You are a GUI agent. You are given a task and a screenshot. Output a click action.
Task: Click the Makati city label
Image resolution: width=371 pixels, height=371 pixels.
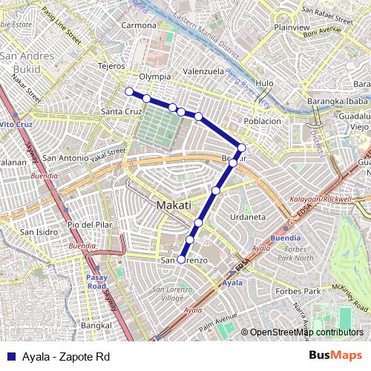174,205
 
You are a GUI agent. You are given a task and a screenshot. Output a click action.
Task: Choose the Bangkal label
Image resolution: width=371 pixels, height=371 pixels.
96,325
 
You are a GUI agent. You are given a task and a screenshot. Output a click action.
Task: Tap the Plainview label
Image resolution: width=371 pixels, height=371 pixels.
292,27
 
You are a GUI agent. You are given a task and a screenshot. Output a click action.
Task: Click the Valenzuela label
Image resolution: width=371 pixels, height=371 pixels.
203,71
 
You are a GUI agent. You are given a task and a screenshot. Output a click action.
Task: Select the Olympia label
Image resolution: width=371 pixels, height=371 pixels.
156,76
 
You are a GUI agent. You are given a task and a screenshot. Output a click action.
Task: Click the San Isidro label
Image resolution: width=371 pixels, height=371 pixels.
39,232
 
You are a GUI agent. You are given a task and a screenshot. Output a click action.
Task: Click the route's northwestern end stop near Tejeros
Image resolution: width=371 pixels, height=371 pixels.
129,91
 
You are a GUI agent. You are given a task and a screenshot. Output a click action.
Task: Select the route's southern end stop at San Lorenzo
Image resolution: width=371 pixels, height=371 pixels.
181,260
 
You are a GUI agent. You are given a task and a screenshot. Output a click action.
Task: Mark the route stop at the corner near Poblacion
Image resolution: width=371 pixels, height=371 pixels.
242,147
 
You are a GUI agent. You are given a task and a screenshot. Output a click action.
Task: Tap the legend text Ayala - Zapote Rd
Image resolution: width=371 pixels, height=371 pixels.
66,357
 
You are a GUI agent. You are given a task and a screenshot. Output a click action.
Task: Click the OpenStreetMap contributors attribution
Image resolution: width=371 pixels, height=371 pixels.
305,333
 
